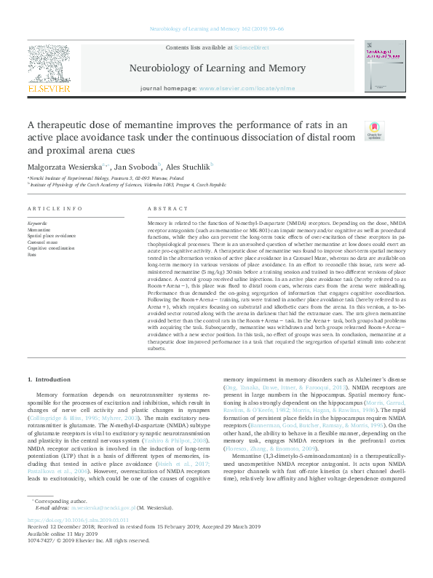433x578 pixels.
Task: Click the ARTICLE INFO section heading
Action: [x=54, y=208]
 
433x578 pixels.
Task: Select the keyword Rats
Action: [x=32, y=256]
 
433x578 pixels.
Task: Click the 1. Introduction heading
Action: [x=49, y=379]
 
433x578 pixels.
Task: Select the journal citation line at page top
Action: [x=216, y=29]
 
